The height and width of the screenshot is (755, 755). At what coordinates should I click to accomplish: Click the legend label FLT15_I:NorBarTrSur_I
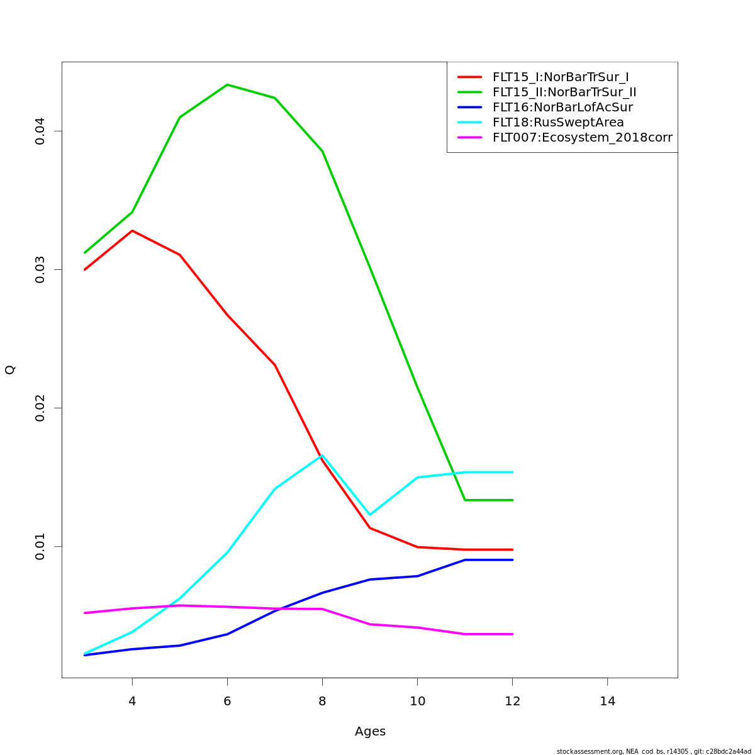coord(561,77)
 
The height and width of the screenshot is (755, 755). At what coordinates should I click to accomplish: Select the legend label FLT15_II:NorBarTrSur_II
coord(564,92)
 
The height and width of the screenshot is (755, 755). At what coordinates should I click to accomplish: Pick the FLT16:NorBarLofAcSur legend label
coord(562,108)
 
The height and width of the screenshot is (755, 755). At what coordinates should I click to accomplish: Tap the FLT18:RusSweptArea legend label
coord(558,123)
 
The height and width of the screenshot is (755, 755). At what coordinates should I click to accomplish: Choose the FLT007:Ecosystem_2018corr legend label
coord(582,138)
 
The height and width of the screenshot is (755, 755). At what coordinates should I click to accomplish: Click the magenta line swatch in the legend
coord(469,138)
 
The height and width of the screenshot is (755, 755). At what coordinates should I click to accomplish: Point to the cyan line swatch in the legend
coord(469,123)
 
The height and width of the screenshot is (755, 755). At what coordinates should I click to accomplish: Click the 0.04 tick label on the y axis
coord(40,131)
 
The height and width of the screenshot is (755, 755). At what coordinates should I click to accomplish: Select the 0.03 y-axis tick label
coord(40,269)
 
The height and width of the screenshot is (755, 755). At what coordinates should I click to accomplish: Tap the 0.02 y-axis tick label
coord(40,408)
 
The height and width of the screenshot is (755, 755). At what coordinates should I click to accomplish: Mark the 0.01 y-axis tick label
coord(40,546)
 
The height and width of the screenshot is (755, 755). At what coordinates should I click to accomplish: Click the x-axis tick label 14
coord(608,701)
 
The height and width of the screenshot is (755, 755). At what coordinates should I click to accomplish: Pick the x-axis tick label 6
coord(227,701)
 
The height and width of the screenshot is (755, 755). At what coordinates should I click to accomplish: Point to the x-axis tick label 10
coord(418,701)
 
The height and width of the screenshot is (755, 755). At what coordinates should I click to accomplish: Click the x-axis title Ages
coord(370,732)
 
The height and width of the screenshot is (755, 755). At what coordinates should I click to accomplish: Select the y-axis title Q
coord(10,370)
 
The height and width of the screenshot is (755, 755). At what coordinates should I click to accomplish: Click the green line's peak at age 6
coord(227,84)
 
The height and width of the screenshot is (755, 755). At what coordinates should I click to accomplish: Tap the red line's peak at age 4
coord(132,231)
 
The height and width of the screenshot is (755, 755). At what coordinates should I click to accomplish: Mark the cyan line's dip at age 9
coord(370,515)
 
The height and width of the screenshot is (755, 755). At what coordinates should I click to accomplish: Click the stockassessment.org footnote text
coord(654,751)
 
